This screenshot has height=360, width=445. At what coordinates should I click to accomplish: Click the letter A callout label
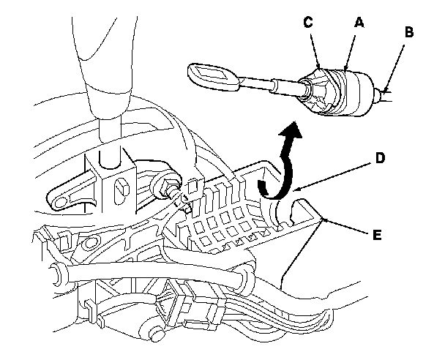[359, 23]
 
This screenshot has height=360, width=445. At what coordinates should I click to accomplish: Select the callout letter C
[308, 23]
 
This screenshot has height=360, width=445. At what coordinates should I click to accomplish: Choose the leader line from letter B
[395, 66]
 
